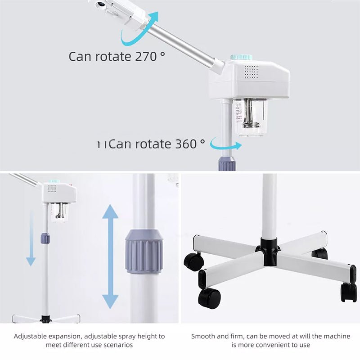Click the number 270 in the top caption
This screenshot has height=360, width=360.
click(x=147, y=57)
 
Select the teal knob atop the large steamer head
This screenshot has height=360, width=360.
click(x=242, y=58)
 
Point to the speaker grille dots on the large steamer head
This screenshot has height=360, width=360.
click(x=251, y=71)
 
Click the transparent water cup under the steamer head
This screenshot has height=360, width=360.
click(x=250, y=118)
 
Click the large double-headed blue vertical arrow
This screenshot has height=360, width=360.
click(x=110, y=256)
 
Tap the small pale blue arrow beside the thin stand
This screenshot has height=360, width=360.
click(x=31, y=238)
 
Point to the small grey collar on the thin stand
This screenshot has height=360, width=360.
click(x=45, y=238)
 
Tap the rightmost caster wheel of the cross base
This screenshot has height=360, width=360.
click(x=349, y=292)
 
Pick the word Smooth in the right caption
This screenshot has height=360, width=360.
click(x=203, y=336)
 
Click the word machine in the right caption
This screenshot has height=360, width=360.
click(x=338, y=336)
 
